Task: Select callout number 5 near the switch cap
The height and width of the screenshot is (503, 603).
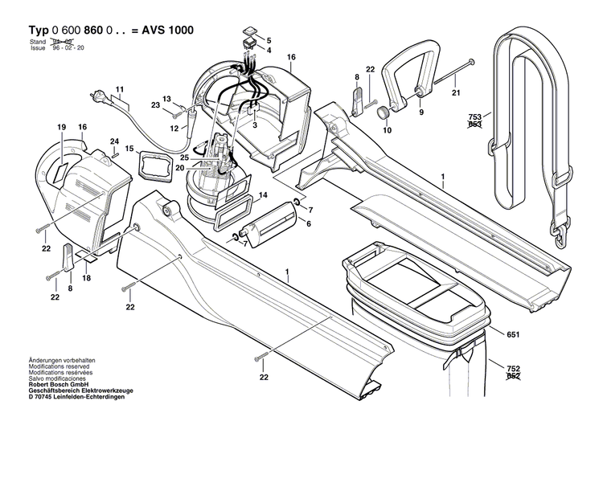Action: click(x=269, y=40)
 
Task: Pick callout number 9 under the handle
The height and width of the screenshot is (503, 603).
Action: click(x=420, y=112)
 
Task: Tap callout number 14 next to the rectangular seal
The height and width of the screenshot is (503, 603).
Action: click(x=262, y=195)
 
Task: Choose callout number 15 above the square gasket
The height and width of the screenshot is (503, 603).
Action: click(x=129, y=148)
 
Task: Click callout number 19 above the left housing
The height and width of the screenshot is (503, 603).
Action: click(x=60, y=128)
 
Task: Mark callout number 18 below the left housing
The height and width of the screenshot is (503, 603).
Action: click(x=86, y=277)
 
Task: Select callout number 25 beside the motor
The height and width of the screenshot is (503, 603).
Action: click(x=184, y=157)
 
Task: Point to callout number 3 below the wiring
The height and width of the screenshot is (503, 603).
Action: click(x=255, y=126)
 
